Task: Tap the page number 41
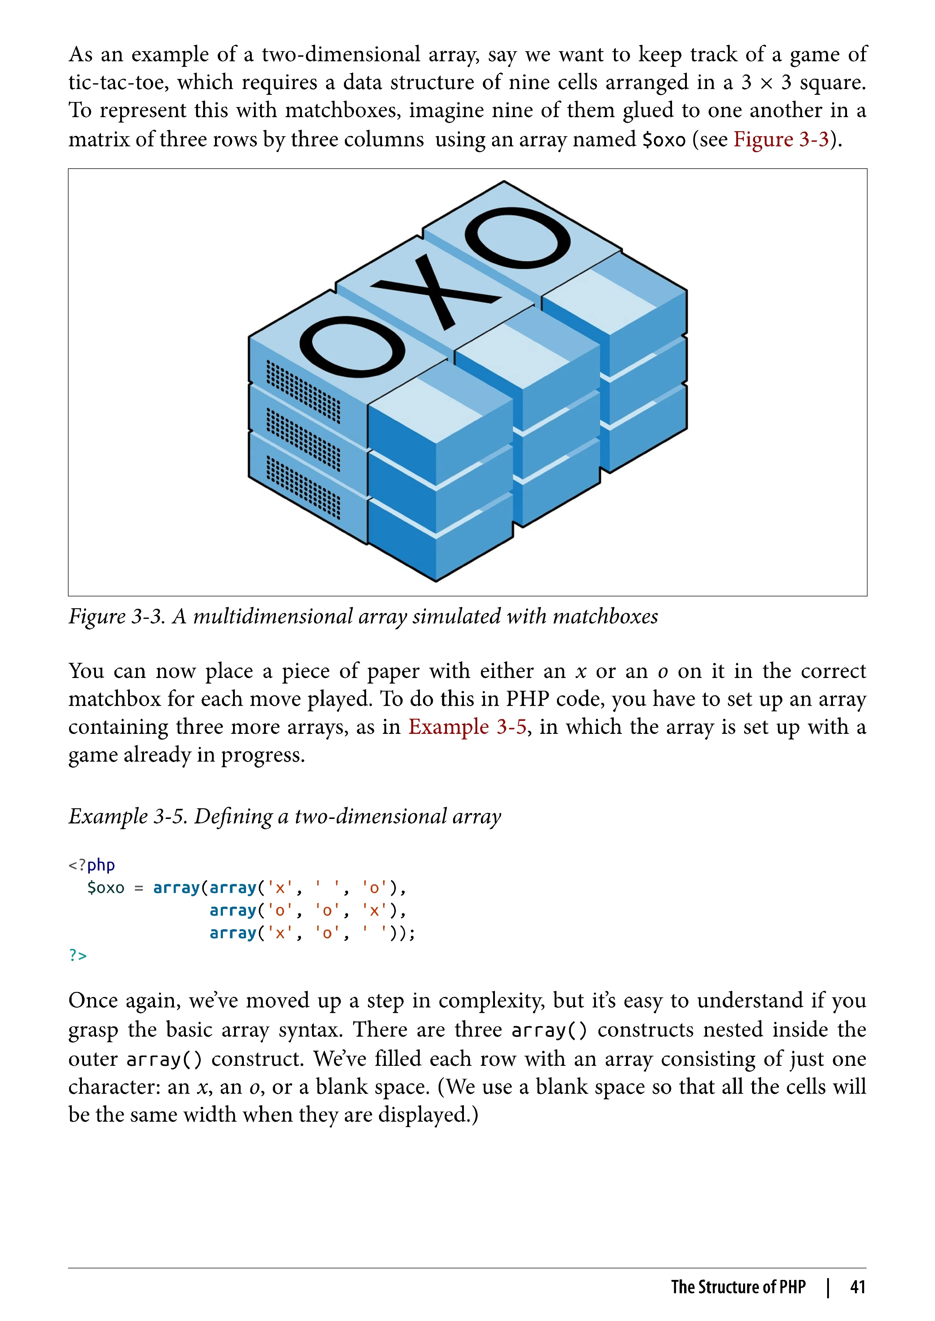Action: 857,1286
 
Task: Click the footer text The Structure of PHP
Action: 738,1286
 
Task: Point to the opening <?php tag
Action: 92,865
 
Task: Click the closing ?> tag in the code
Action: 78,955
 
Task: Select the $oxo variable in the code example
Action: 105,888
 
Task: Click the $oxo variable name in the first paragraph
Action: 664,140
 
